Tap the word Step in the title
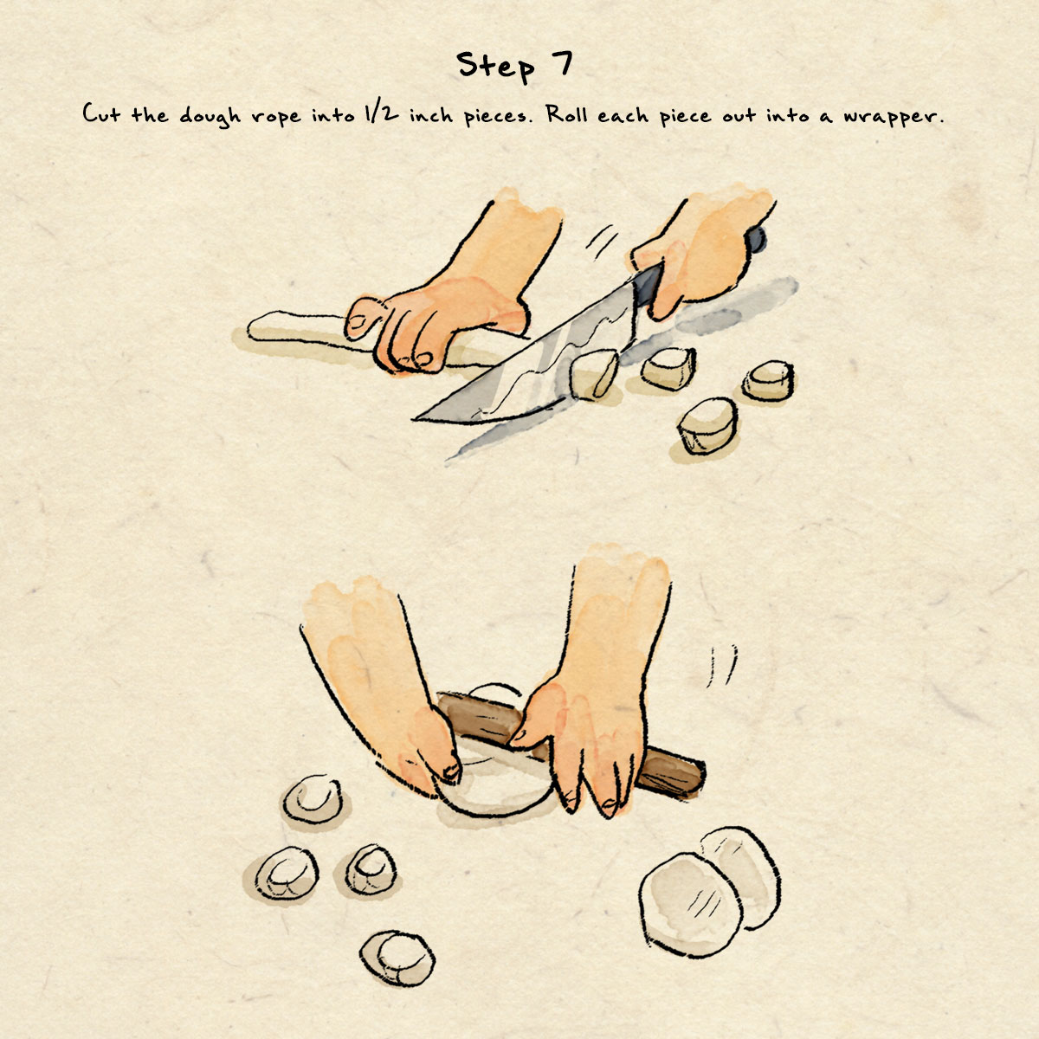click(x=494, y=67)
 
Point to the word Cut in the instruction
click(x=101, y=113)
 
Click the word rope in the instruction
click(x=276, y=118)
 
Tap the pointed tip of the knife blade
click(x=416, y=418)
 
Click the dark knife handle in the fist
click(x=757, y=240)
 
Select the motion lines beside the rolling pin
click(x=721, y=665)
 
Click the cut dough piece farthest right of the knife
click(x=768, y=380)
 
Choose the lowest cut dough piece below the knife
click(x=707, y=425)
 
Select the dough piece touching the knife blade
click(x=593, y=373)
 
